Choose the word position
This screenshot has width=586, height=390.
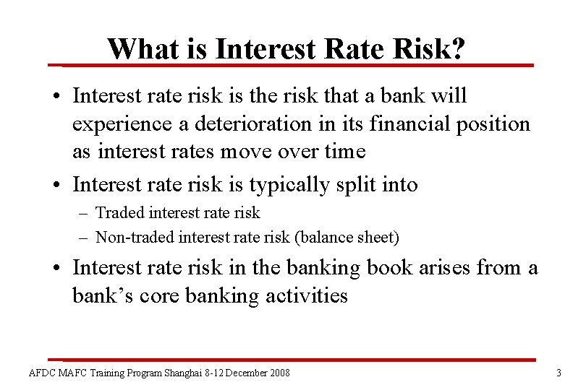pos(495,123)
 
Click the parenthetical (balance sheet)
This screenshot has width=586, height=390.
pos(354,236)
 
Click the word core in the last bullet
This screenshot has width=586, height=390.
pos(154,295)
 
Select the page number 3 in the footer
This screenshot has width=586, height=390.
pos(559,373)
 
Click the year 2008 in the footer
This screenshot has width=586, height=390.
pos(278,373)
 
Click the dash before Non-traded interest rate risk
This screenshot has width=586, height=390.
pos(85,236)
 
